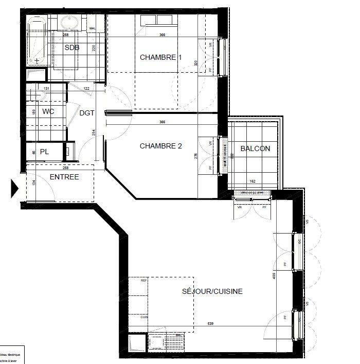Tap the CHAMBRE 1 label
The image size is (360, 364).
(x=161, y=57)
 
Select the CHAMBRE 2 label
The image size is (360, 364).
(x=161, y=146)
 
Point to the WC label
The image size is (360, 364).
(x=49, y=111)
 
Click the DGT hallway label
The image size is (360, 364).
(x=86, y=113)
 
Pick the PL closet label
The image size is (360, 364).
(x=45, y=152)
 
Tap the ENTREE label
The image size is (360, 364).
(x=64, y=177)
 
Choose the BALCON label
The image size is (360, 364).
(x=255, y=148)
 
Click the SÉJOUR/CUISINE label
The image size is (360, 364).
(x=212, y=291)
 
